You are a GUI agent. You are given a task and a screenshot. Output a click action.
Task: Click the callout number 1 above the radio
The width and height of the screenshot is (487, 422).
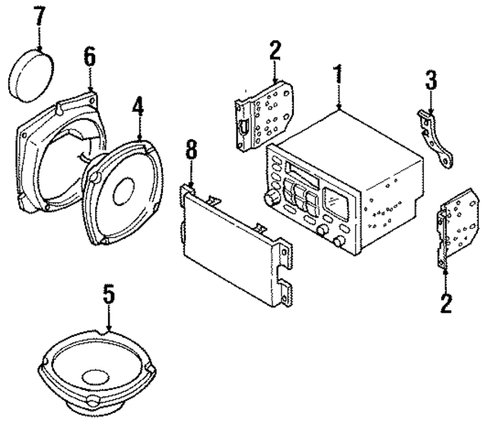pos(339,76)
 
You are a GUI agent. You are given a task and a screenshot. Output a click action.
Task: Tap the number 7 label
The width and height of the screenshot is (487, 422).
pos(39,16)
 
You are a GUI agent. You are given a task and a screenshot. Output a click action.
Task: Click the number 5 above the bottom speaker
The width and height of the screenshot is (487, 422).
pos(109,294)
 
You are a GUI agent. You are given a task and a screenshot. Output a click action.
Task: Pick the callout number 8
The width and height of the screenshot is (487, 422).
pos(191,151)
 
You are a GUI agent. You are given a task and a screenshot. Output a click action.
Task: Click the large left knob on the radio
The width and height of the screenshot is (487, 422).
pos(269,198)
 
